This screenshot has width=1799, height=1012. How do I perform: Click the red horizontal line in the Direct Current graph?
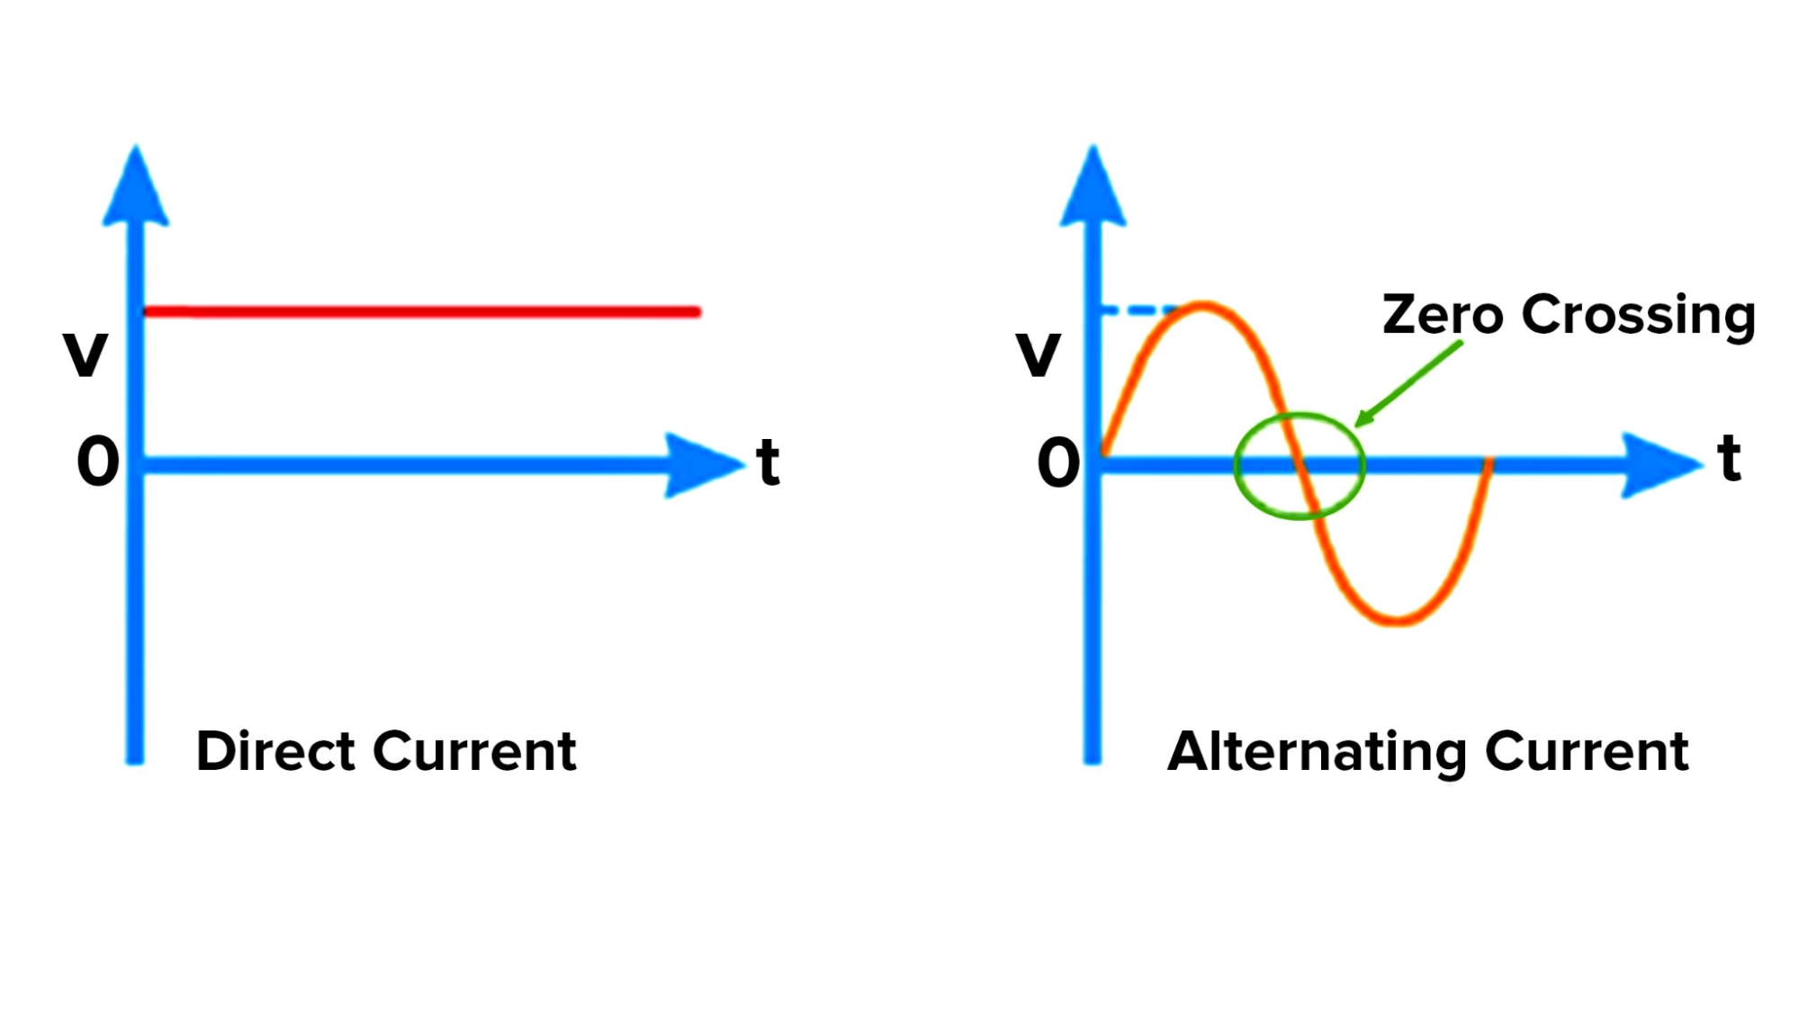(x=423, y=312)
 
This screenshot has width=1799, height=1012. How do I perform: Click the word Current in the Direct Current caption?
(x=475, y=751)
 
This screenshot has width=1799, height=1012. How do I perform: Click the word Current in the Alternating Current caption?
(x=1587, y=751)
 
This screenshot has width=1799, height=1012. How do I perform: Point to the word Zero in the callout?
(x=1443, y=315)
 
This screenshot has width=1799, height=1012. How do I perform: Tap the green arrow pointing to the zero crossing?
(x=1408, y=383)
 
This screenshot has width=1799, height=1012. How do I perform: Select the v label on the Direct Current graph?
(x=85, y=353)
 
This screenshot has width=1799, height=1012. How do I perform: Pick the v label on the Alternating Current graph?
(x=1039, y=353)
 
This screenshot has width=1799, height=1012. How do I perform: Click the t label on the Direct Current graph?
(x=768, y=462)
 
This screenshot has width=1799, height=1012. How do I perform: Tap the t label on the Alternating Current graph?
(x=1729, y=459)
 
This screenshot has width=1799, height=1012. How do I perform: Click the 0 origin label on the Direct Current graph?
(x=98, y=462)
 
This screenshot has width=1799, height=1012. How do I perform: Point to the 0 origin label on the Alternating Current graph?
(x=1058, y=463)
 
